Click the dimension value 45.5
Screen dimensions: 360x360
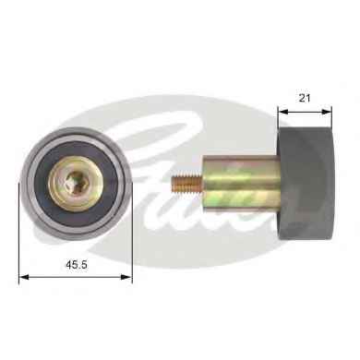coord(77,264)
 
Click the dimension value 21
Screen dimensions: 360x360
coord(305,98)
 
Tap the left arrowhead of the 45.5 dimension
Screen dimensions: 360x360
coord(24,277)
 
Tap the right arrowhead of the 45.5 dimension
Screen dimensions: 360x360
coord(127,277)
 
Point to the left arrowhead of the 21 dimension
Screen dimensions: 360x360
coord(282,112)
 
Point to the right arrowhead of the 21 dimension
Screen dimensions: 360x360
coord(327,112)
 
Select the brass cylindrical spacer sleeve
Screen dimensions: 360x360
coord(242,184)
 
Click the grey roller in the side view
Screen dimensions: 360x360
coord(306,184)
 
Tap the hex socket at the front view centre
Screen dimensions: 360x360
coord(75,182)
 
